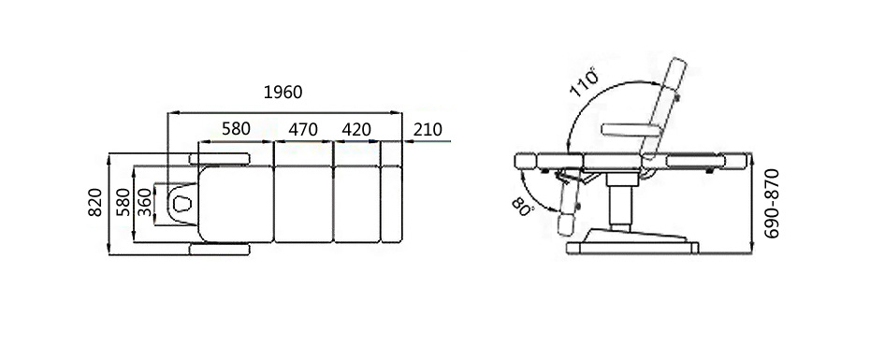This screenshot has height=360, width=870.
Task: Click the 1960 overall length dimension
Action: pyautogui.click(x=283, y=92)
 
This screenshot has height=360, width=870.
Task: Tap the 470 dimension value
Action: pyautogui.click(x=303, y=130)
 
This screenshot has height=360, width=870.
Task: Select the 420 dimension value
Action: pyautogui.click(x=356, y=130)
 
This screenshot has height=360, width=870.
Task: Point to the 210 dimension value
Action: pyautogui.click(x=428, y=130)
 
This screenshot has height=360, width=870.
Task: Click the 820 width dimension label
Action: pyautogui.click(x=95, y=202)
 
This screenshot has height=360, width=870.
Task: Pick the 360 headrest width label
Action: pyautogui.click(x=144, y=202)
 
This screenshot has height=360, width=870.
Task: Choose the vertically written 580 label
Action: pyautogui.click(x=123, y=202)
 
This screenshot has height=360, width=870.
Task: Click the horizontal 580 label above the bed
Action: pyautogui.click(x=237, y=129)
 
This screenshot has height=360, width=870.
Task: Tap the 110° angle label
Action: pyautogui.click(x=585, y=82)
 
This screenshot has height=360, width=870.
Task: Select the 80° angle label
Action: pyautogui.click(x=522, y=208)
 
